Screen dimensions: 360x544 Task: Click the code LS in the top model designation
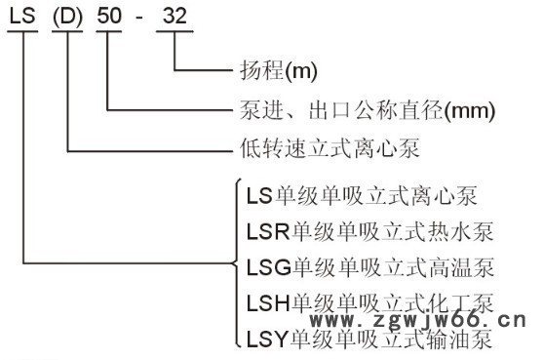(x=22, y=17)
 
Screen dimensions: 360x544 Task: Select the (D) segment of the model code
(x=68, y=17)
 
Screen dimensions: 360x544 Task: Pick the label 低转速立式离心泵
(x=308, y=149)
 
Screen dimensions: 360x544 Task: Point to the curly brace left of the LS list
(x=235, y=263)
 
